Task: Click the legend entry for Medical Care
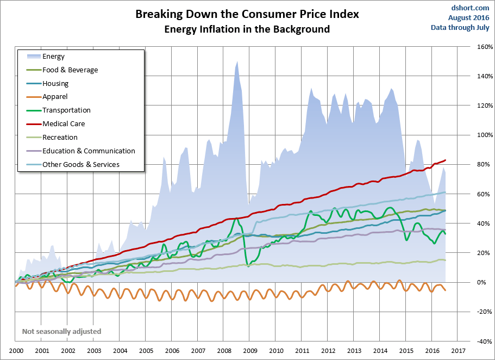click(x=64, y=124)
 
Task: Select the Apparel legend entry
click(x=55, y=97)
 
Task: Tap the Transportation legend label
click(x=66, y=110)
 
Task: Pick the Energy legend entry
click(x=53, y=57)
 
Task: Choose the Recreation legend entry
click(x=60, y=138)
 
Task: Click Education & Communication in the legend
click(x=89, y=151)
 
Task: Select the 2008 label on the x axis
click(x=223, y=352)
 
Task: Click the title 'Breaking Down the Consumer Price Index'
click(x=247, y=15)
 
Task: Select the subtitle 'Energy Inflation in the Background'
click(x=247, y=29)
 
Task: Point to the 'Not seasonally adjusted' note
click(x=61, y=331)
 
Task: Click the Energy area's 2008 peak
click(x=237, y=62)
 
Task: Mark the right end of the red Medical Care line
click(x=446, y=160)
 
